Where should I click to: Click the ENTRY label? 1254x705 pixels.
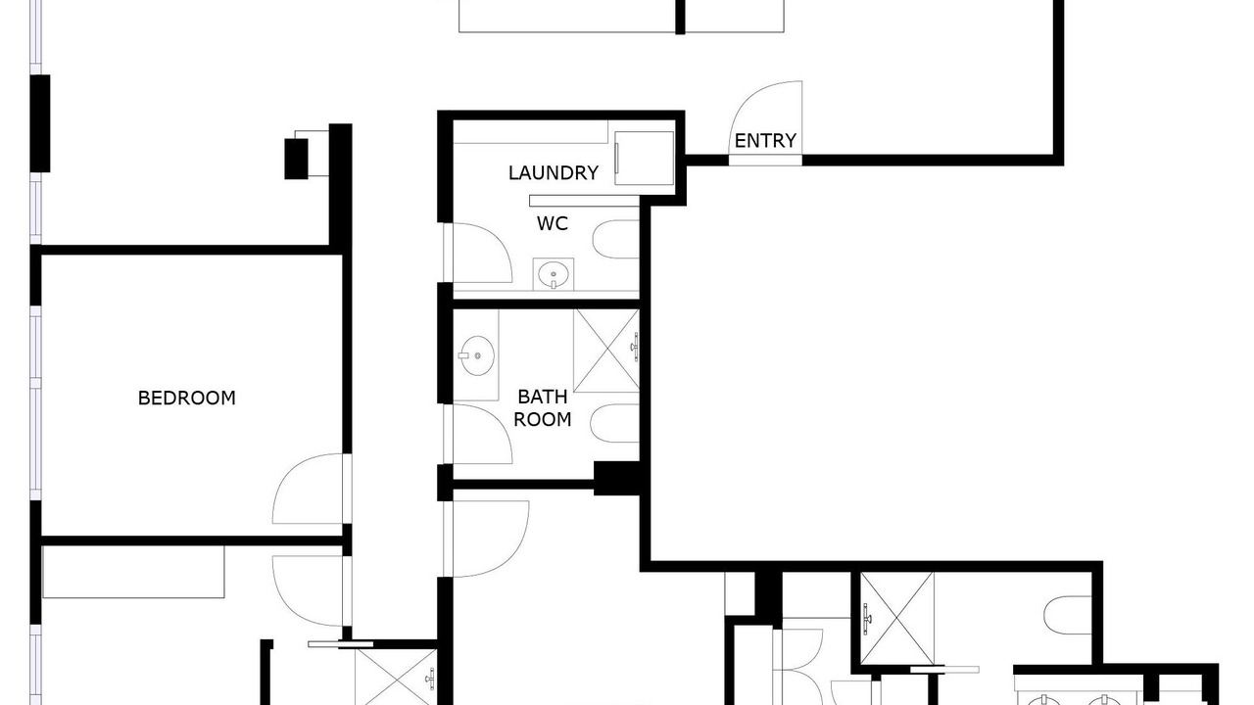click(765, 141)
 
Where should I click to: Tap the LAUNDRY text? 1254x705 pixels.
click(554, 173)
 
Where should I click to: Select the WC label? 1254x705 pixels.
click(552, 224)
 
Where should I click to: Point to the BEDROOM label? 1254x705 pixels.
click(186, 398)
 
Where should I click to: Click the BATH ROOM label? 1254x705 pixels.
click(542, 408)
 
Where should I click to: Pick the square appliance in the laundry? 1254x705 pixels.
click(644, 158)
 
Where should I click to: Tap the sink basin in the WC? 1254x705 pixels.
click(554, 274)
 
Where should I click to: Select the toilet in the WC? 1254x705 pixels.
click(616, 240)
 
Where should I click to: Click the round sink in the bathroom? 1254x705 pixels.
click(477, 354)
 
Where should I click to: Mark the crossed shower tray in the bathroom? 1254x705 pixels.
click(606, 351)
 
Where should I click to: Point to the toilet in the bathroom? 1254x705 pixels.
click(614, 423)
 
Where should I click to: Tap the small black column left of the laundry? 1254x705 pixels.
click(296, 159)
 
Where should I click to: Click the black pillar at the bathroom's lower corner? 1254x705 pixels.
click(616, 479)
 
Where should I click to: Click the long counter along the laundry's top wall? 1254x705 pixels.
click(530, 132)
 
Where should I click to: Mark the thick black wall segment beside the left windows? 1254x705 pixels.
click(40, 123)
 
